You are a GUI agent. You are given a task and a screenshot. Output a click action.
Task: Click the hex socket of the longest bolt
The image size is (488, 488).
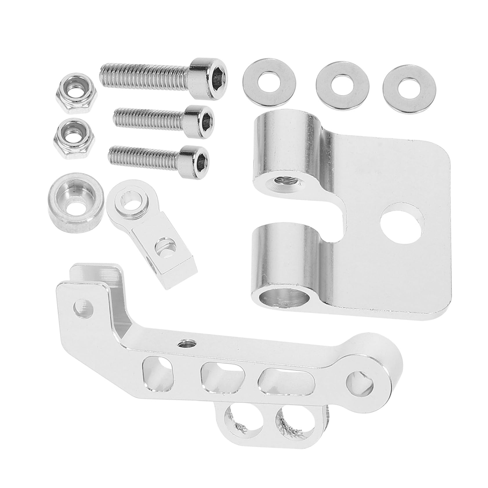tap(216, 70)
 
